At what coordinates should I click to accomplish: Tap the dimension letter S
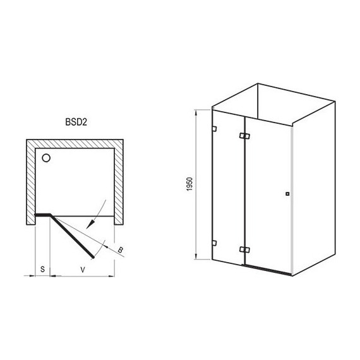click(x=42, y=270)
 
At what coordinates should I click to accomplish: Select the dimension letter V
click(x=83, y=270)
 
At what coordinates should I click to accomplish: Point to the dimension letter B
click(x=120, y=250)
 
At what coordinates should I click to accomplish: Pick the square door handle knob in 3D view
click(x=287, y=194)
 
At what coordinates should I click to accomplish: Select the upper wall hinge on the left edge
click(x=215, y=129)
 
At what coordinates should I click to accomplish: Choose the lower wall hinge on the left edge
click(x=215, y=243)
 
